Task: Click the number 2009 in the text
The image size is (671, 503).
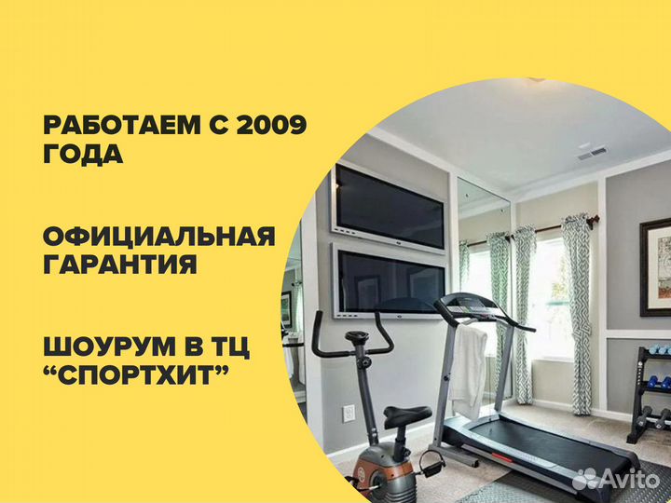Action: (x=272, y=125)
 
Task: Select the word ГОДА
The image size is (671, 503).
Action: (x=83, y=154)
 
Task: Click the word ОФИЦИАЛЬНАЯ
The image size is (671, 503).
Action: (x=159, y=236)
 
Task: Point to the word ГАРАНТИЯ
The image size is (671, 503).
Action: (x=120, y=264)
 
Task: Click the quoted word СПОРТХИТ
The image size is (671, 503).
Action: (x=136, y=374)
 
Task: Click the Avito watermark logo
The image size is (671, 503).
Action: (x=615, y=478)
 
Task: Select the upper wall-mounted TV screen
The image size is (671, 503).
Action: (x=389, y=207)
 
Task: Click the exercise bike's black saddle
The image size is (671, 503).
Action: (x=406, y=415)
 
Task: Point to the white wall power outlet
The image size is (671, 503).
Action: (x=349, y=414)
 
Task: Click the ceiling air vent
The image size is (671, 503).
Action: (x=593, y=153)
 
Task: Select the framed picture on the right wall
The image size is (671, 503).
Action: (x=655, y=267)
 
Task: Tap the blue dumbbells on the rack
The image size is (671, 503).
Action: (x=660, y=382)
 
